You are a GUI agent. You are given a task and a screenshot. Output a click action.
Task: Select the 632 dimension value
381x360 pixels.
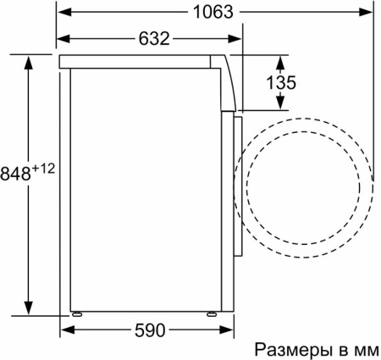click(x=151, y=39)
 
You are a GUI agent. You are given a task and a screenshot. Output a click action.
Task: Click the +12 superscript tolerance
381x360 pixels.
click(x=44, y=169)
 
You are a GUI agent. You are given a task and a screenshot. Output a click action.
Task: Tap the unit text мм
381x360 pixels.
click(x=364, y=349)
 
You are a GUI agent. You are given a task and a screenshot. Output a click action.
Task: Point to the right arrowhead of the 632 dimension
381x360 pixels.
click(x=238, y=39)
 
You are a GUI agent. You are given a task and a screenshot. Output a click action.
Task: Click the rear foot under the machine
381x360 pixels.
click(x=77, y=313)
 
